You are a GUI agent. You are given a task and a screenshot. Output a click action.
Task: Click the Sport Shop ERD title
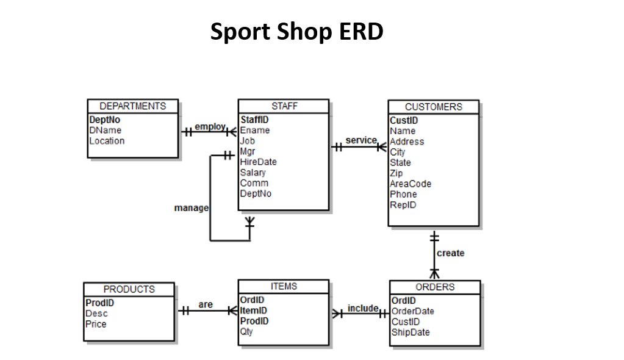(296, 32)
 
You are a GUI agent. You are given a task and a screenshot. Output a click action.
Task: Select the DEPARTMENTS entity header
(132, 106)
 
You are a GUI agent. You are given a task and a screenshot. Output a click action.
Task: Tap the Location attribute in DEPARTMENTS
(107, 141)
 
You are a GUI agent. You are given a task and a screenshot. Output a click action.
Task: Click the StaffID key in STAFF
(254, 120)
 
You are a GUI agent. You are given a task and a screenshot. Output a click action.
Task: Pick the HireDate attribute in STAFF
(258, 162)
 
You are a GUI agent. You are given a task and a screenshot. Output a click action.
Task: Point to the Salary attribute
(253, 173)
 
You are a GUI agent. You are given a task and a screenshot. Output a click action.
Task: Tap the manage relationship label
(191, 208)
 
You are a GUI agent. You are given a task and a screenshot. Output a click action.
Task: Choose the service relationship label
(361, 140)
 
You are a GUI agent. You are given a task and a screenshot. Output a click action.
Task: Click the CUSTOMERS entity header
(433, 107)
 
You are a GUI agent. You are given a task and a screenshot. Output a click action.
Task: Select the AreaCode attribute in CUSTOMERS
(411, 184)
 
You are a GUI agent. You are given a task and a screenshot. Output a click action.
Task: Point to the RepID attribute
(403, 205)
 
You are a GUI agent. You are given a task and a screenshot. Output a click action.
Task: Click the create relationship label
(450, 253)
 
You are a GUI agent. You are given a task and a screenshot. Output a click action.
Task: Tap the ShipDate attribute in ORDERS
(410, 333)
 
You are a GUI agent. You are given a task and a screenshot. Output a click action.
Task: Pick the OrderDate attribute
(412, 311)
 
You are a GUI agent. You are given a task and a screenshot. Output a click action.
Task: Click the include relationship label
(363, 308)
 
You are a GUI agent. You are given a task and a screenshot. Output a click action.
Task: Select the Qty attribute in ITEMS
(246, 332)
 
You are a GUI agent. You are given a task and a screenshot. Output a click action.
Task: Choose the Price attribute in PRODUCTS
(96, 324)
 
